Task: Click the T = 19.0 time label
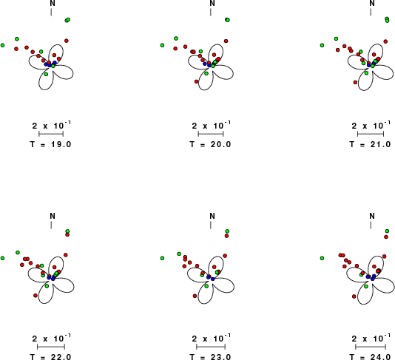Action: (x=50, y=144)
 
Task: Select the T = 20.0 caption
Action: (x=210, y=144)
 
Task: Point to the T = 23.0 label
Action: (x=210, y=357)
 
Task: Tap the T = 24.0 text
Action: (x=370, y=357)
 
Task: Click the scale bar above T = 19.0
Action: (x=51, y=134)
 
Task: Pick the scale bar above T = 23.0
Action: (x=211, y=347)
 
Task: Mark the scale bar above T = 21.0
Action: (x=371, y=134)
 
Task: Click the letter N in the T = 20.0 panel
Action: (x=212, y=3)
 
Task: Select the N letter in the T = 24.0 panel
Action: (x=372, y=216)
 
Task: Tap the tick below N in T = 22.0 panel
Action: (x=51, y=225)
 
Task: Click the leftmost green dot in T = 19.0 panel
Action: (x=2, y=45)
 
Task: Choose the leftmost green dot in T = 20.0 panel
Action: (x=162, y=45)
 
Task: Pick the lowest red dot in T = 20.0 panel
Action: (x=197, y=81)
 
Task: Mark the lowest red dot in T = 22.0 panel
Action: (x=36, y=296)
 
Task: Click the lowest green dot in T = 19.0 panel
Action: (x=46, y=74)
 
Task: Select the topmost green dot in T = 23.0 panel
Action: (x=227, y=231)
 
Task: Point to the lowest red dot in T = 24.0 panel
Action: (x=354, y=296)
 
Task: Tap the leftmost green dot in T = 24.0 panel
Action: (x=322, y=258)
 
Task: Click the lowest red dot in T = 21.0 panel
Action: (x=356, y=82)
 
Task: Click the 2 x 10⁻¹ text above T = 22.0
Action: (x=52, y=338)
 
